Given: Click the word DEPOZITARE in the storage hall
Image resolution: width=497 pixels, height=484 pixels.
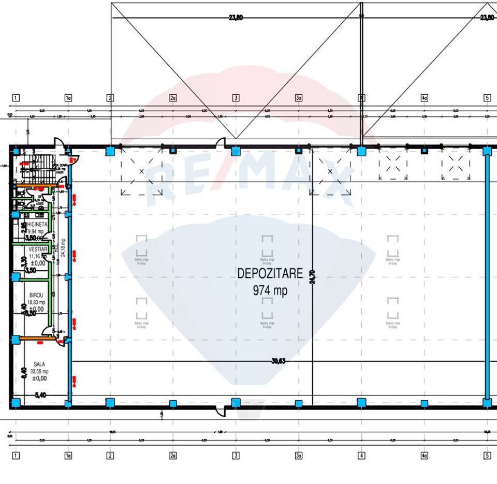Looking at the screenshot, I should click(270, 274).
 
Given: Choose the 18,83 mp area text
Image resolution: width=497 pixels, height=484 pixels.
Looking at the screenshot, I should click(37, 302).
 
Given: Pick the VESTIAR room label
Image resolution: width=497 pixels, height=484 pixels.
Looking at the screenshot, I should click(38, 249).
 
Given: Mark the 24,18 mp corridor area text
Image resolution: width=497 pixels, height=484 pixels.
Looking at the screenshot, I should click(63, 247).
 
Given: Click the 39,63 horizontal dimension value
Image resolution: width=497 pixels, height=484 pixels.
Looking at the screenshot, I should click(279, 362).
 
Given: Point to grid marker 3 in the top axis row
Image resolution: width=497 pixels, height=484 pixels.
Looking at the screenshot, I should click(236, 97).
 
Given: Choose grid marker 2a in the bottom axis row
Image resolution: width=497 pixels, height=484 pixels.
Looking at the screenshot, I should click(173, 456).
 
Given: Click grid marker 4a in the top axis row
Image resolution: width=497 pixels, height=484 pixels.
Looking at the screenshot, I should click(424, 97).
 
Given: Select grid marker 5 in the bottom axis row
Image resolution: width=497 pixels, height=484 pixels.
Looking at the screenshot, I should click(487, 456).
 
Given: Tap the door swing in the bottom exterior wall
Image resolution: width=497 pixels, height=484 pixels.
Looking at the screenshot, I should click(221, 412).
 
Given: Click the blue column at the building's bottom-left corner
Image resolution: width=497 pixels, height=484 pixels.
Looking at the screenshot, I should click(16, 402).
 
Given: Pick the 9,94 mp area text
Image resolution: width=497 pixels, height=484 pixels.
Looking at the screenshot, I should click(36, 231).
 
